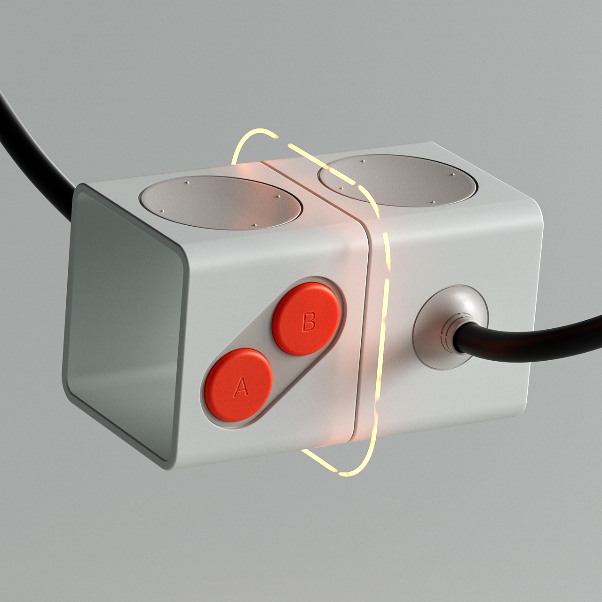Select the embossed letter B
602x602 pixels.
309,322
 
